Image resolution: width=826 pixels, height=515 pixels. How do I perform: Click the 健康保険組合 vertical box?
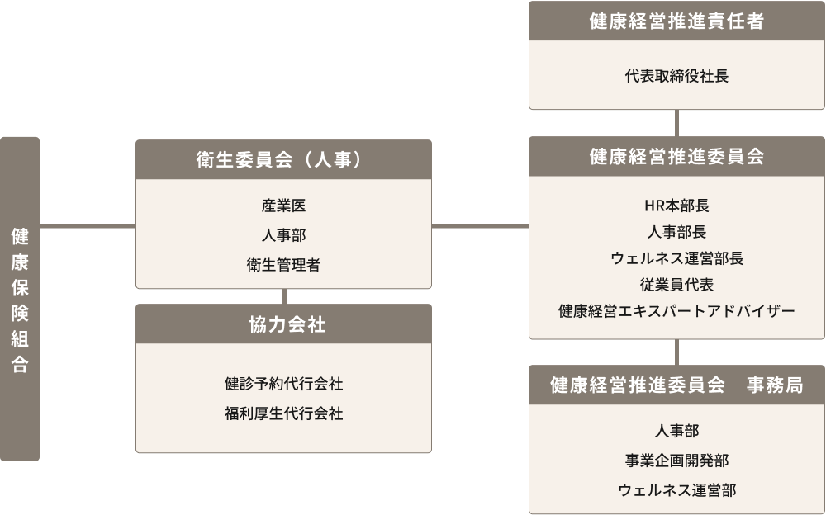pyautogui.click(x=20, y=299)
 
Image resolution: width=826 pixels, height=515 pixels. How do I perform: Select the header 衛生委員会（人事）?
pyautogui.click(x=283, y=159)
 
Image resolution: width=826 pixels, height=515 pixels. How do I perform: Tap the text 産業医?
pyautogui.click(x=283, y=206)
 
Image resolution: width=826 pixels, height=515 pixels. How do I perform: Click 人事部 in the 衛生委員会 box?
pyautogui.click(x=283, y=235)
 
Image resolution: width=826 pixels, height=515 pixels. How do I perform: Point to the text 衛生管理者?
pyautogui.click(x=283, y=265)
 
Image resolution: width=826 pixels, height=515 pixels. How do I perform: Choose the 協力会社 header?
pyautogui.click(x=283, y=324)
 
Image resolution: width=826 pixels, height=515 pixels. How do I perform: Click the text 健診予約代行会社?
pyautogui.click(x=283, y=384)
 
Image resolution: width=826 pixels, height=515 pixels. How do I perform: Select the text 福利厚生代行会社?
pyautogui.click(x=283, y=413)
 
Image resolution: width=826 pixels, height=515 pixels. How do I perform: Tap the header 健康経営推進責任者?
pyautogui.click(x=676, y=21)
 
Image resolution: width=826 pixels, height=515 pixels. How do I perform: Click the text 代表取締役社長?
pyautogui.click(x=676, y=76)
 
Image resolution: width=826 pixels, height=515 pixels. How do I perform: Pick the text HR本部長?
pyautogui.click(x=676, y=206)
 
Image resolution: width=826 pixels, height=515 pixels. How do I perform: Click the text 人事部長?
pyautogui.click(x=676, y=232)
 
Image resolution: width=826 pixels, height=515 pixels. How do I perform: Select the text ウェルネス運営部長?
pyautogui.click(x=676, y=258)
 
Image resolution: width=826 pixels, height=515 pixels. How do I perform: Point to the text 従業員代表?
pyautogui.click(x=676, y=285)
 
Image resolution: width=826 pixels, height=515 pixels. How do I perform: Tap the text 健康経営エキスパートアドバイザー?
pyautogui.click(x=676, y=311)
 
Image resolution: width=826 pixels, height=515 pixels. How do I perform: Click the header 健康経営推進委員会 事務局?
pyautogui.click(x=676, y=385)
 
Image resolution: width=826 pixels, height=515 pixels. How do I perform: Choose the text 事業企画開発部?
pyautogui.click(x=676, y=461)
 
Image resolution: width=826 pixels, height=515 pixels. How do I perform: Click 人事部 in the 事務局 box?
pyautogui.click(x=676, y=431)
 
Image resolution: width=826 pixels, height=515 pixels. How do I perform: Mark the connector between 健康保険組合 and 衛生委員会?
pyautogui.click(x=88, y=225)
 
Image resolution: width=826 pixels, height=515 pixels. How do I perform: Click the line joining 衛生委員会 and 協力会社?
pyautogui.click(x=283, y=296)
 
